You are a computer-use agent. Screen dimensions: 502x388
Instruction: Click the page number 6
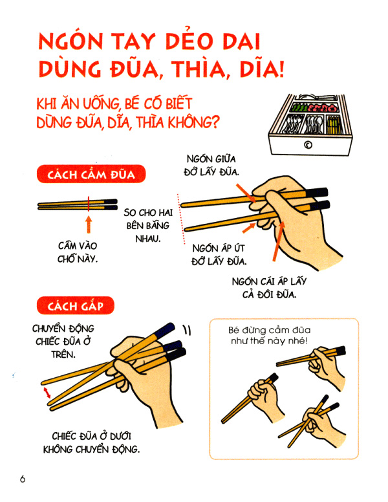point(23,479)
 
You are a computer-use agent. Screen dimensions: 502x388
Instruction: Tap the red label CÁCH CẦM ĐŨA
point(91,175)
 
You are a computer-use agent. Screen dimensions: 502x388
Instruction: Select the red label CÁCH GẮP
point(76,303)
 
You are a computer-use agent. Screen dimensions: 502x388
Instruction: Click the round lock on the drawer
point(308,144)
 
